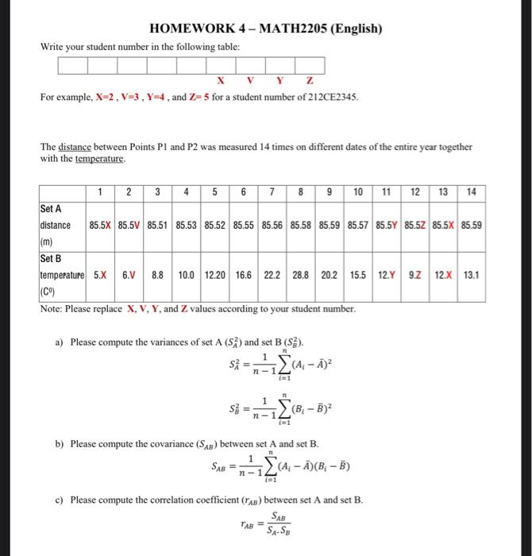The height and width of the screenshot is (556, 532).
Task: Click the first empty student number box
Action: pos(72,65)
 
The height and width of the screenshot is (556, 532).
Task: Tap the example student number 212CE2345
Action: pos(326,97)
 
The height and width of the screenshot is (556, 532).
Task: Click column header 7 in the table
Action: pos(272,191)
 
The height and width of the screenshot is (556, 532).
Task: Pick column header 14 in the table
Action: pos(472,191)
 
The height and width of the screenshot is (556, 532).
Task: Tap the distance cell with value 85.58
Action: pos(301,225)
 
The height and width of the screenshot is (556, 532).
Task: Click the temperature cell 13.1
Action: pos(472,274)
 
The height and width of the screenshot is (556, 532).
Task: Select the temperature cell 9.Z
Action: pos(414,274)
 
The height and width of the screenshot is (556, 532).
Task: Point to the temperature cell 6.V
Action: pos(129,274)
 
